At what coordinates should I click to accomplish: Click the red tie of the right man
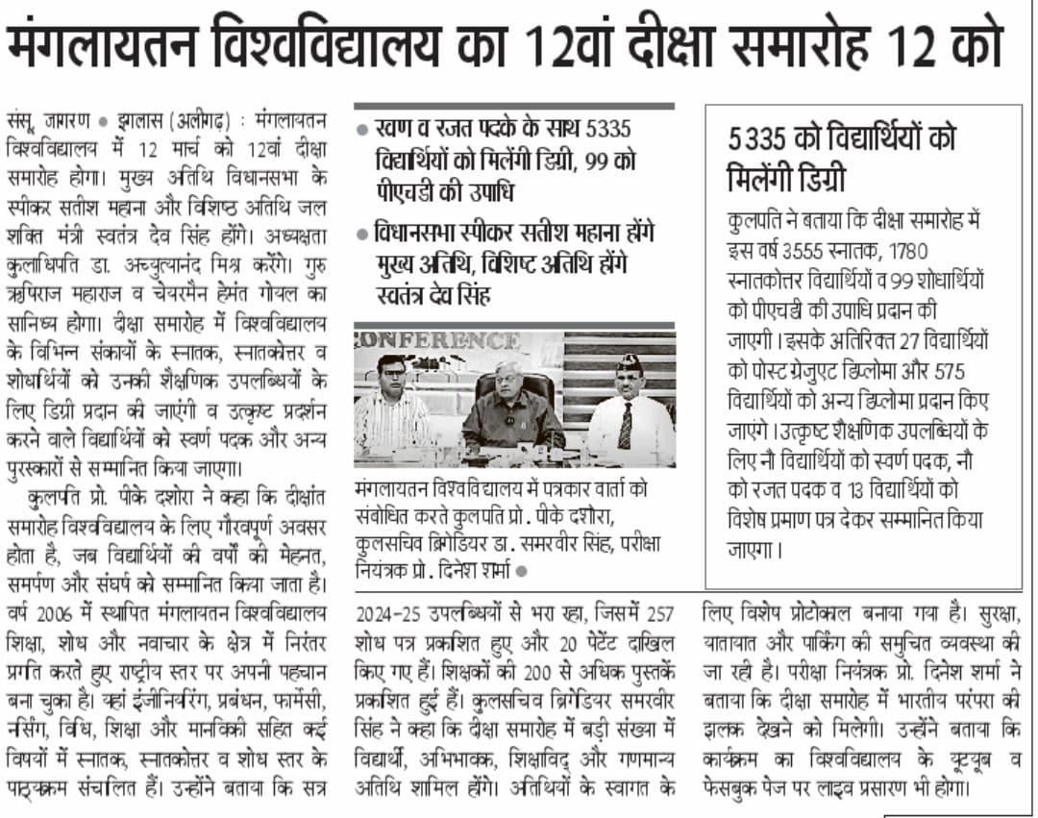625,426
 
